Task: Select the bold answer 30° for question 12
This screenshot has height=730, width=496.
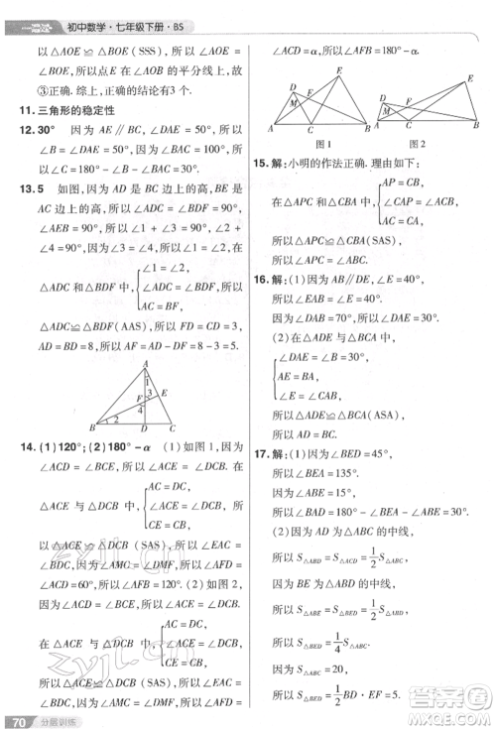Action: (42, 130)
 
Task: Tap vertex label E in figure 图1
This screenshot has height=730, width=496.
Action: (339, 69)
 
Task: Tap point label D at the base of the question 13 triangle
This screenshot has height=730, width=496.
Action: (145, 428)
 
